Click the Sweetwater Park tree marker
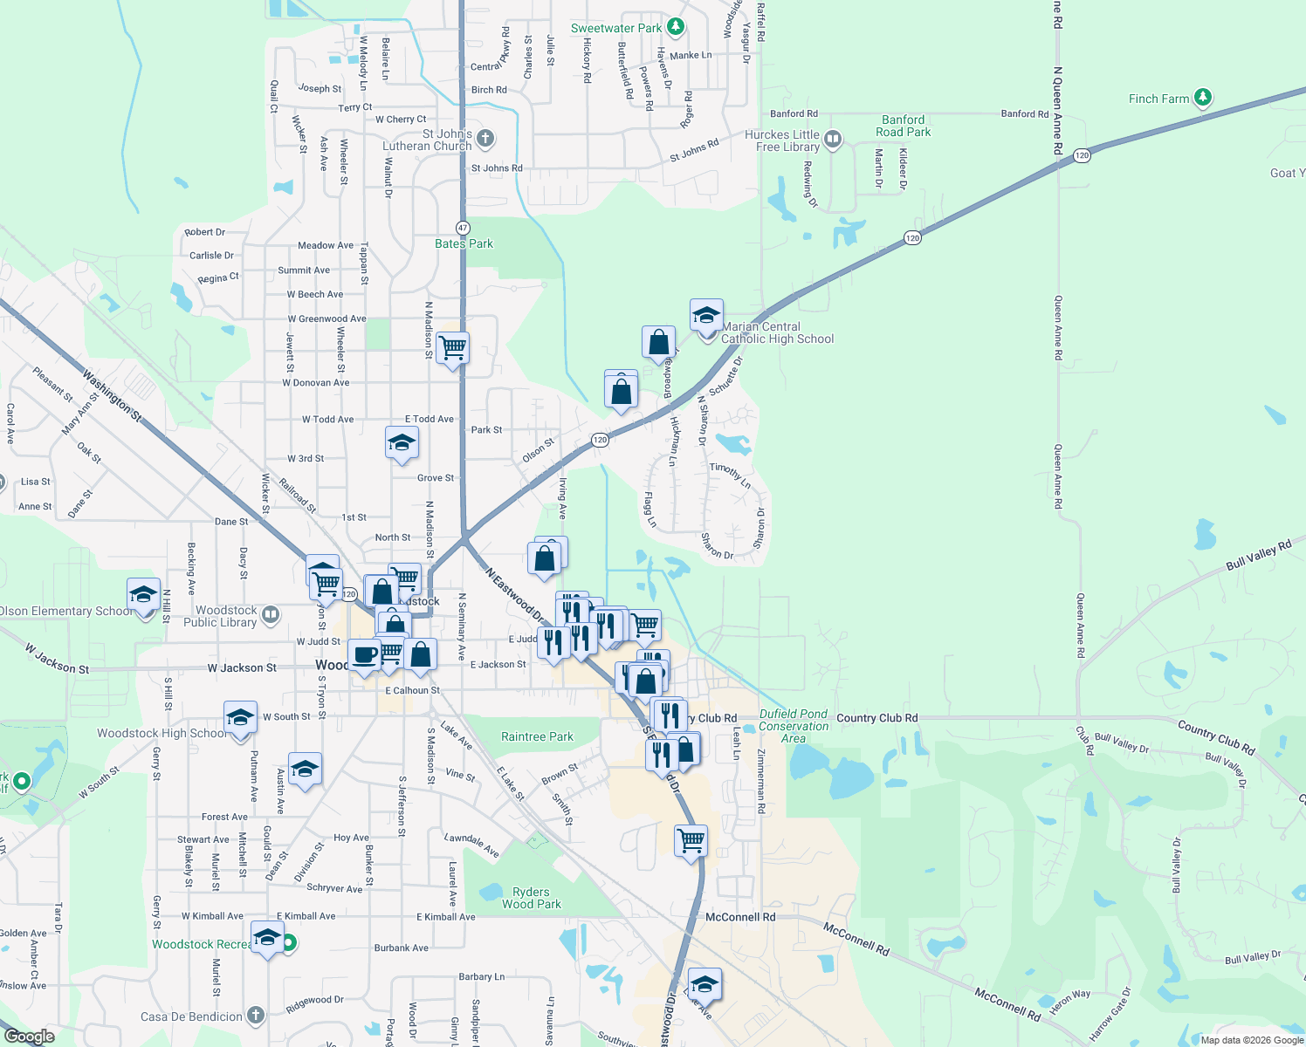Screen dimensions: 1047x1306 [x=675, y=27]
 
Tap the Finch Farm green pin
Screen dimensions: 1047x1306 [x=1203, y=97]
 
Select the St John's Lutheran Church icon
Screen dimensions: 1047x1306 [x=485, y=138]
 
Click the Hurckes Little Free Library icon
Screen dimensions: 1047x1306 [x=833, y=139]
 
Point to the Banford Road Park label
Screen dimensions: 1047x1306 [x=904, y=126]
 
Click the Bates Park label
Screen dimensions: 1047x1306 [x=464, y=243]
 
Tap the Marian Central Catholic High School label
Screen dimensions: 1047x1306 [x=777, y=332]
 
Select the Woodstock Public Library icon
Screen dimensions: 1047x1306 [x=271, y=614]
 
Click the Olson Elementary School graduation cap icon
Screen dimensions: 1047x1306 [x=143, y=594]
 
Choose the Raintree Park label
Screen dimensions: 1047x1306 [x=537, y=736]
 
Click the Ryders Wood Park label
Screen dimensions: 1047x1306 [x=531, y=898]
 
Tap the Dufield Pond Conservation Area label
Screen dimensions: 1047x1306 [x=794, y=726]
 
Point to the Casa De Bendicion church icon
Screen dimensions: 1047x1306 [x=255, y=1015]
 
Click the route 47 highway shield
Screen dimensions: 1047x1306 [x=463, y=228]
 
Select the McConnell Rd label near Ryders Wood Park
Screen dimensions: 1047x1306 [x=740, y=917]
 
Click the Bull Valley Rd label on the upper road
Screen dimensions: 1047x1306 [x=1258, y=556]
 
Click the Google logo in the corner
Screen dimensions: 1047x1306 [x=30, y=1037]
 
